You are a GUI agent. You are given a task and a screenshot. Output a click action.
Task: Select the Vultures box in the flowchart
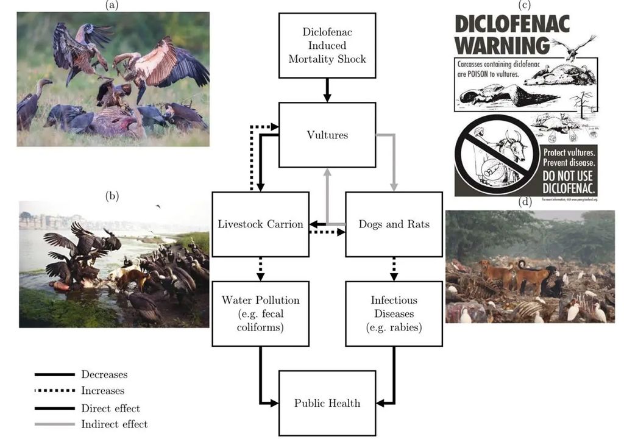click(327, 135)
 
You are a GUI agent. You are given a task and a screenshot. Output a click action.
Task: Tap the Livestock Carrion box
click(260, 224)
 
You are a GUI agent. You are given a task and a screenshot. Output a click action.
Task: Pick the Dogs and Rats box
click(394, 224)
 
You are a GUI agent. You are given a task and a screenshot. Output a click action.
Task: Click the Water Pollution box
click(260, 313)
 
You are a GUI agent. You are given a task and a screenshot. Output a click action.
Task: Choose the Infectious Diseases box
click(394, 313)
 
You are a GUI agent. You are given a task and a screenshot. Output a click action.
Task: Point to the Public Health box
click(327, 402)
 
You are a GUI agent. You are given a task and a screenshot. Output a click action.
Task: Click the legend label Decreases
click(104, 374)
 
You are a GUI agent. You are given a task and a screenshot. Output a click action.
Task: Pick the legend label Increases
click(102, 391)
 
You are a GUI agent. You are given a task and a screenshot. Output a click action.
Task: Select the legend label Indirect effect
click(115, 424)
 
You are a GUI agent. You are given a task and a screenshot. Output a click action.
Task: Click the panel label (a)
click(112, 5)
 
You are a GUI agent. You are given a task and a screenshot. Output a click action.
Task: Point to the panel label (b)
click(112, 196)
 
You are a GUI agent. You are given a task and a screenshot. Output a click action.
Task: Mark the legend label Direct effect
click(110, 408)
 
